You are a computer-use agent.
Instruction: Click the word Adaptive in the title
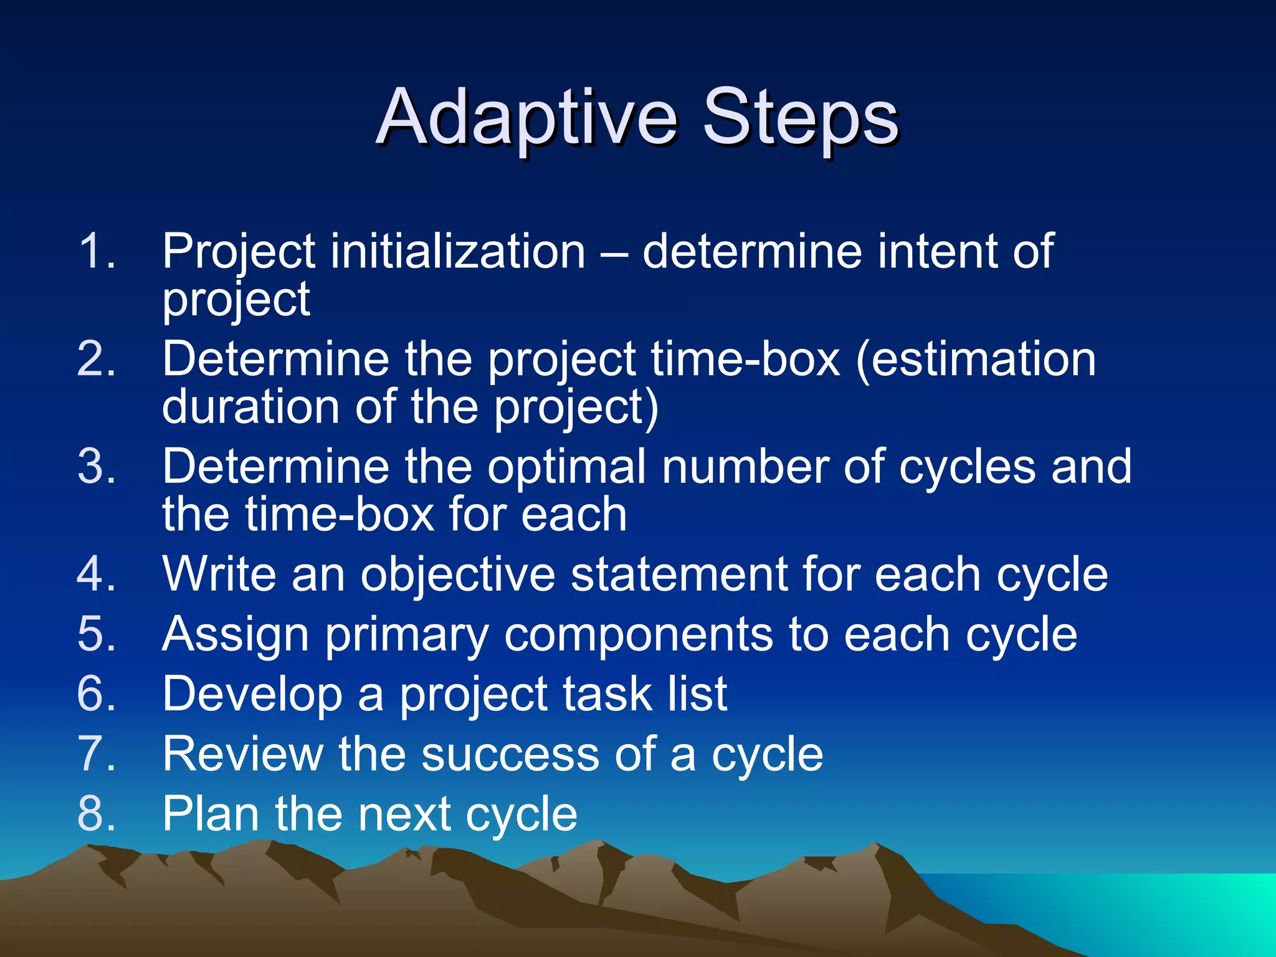point(526,118)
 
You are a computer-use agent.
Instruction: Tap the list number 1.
point(97,252)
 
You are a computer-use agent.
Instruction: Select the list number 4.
point(97,574)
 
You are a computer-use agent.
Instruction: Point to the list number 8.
point(97,814)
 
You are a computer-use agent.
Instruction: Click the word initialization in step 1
point(457,252)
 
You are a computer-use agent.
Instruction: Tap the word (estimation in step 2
point(976,359)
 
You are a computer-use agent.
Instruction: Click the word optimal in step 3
point(566,467)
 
